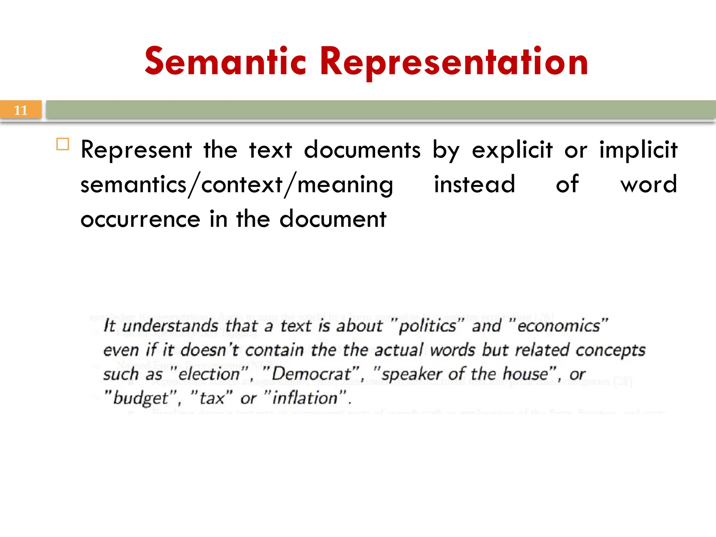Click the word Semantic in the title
[x=225, y=62]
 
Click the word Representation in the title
[x=454, y=62]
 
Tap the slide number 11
[x=20, y=110]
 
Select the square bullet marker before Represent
[x=63, y=144]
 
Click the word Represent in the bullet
[x=136, y=150]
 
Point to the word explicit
[x=512, y=150]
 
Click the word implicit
[x=638, y=150]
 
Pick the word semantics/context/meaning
[x=237, y=185]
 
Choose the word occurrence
[x=140, y=219]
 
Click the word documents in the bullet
[x=362, y=150]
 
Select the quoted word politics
[x=427, y=326]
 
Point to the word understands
[x=170, y=326]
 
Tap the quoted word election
[x=209, y=374]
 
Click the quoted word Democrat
[x=311, y=374]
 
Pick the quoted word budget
[x=141, y=398]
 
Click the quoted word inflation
[x=305, y=398]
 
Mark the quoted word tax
[x=212, y=398]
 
